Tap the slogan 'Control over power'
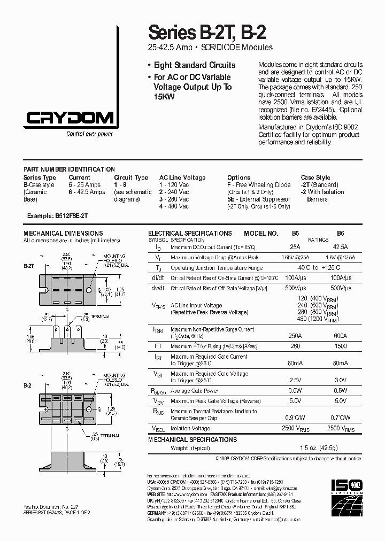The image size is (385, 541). point(89,134)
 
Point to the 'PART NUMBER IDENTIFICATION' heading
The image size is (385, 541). point(69,169)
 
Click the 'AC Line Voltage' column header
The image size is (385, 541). point(182,177)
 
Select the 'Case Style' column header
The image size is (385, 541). point(315,177)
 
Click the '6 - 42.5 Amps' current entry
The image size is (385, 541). point(87,192)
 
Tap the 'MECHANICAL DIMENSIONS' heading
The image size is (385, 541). point(63,234)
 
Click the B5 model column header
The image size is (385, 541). point(295,234)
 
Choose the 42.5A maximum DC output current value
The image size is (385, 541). point(340,247)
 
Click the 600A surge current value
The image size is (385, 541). point(340,336)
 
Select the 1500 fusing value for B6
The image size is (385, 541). point(340,346)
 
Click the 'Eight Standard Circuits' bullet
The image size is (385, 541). point(195,65)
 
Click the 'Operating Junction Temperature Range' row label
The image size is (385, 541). point(216,268)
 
